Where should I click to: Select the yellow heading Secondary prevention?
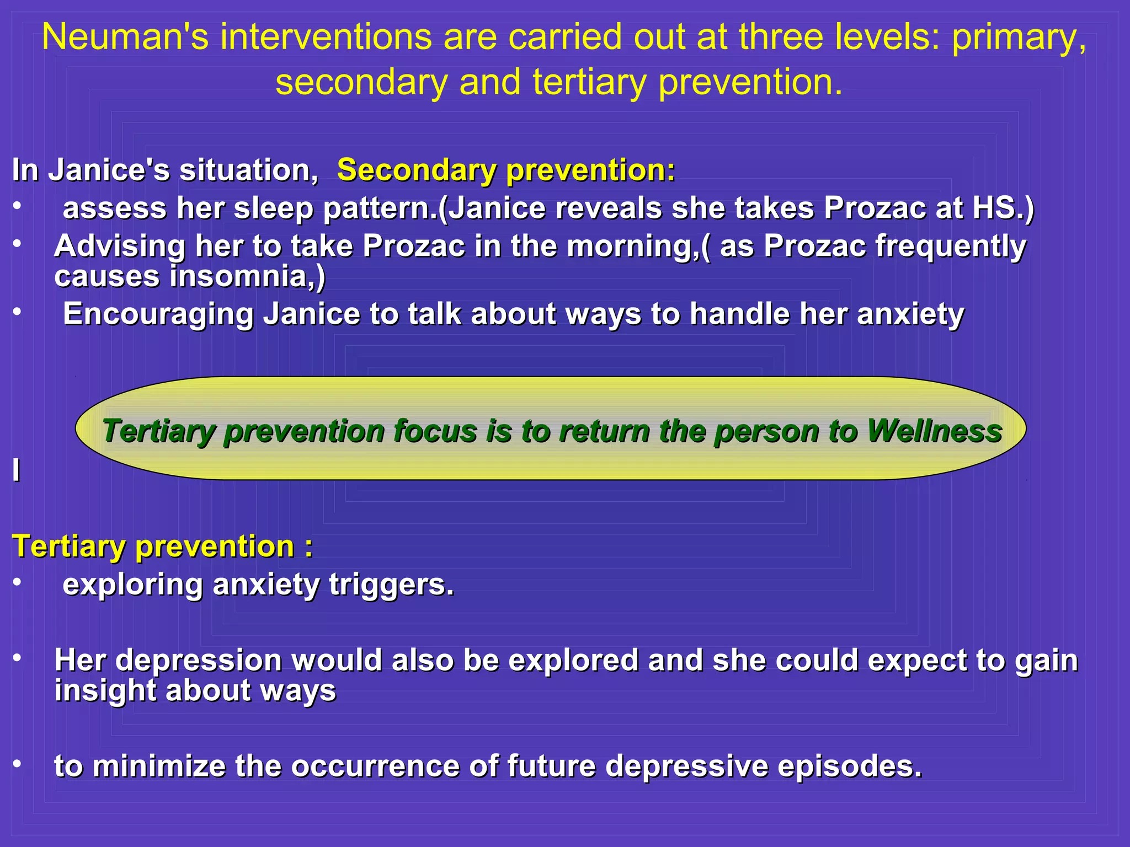506,170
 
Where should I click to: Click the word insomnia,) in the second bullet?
248,276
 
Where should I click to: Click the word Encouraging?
158,314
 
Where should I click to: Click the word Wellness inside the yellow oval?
934,431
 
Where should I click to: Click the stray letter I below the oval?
17,470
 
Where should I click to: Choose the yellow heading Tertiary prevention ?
162,546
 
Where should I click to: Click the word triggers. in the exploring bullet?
392,585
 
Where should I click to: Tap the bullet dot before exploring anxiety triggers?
18,582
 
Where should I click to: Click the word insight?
105,690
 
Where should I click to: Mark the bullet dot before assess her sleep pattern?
18,206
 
